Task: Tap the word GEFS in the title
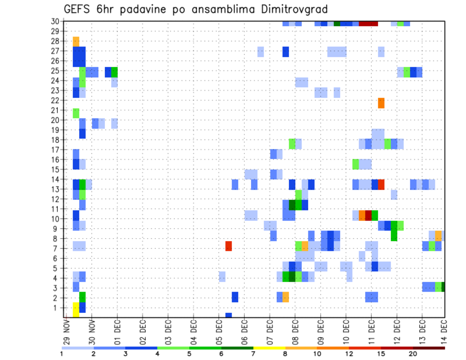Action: point(78,9)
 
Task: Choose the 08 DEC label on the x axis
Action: point(295,332)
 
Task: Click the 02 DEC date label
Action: point(143,332)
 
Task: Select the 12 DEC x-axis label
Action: point(396,332)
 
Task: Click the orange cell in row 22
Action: point(381,103)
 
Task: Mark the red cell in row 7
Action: point(229,246)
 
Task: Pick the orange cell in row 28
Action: point(76,41)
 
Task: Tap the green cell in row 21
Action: point(76,113)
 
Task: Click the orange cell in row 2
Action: point(286,297)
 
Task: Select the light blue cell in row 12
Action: point(394,195)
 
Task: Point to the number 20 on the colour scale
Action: point(413,354)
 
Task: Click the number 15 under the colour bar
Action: point(381,354)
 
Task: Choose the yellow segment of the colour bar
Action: point(269,348)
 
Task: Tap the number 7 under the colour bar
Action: point(253,354)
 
